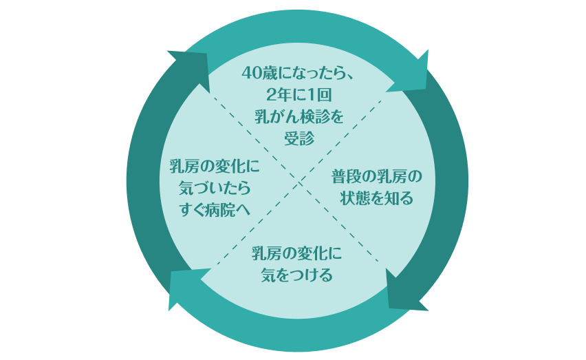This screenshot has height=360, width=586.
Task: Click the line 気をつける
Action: [x=297, y=275]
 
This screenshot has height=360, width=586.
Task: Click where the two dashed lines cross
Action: [x=297, y=180]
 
